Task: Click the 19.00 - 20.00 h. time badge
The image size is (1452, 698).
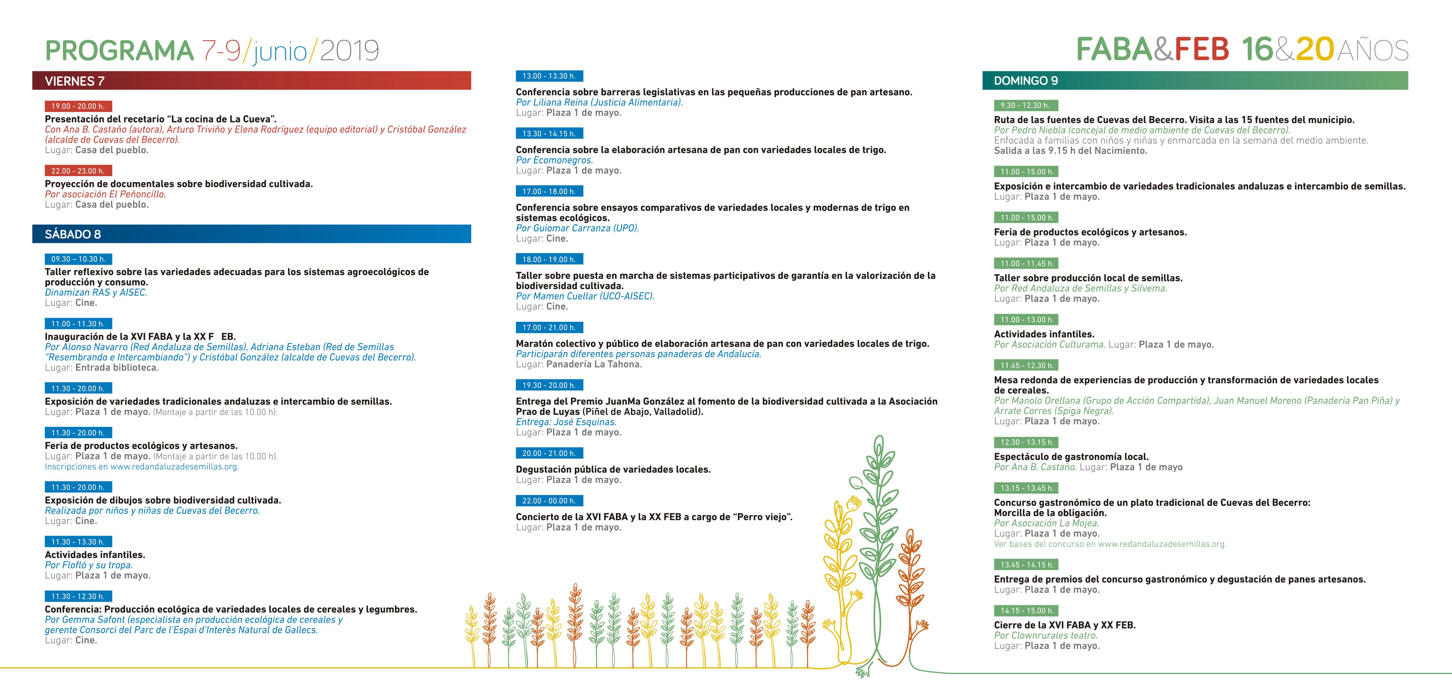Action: pyautogui.click(x=78, y=106)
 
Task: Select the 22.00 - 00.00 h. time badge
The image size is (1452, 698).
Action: pyautogui.click(x=549, y=501)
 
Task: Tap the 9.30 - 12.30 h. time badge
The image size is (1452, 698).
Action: pyautogui.click(x=1025, y=105)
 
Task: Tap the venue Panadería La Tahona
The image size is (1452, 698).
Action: pyautogui.click(x=594, y=364)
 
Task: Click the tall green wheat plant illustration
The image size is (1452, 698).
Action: pyautogui.click(x=877, y=541)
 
